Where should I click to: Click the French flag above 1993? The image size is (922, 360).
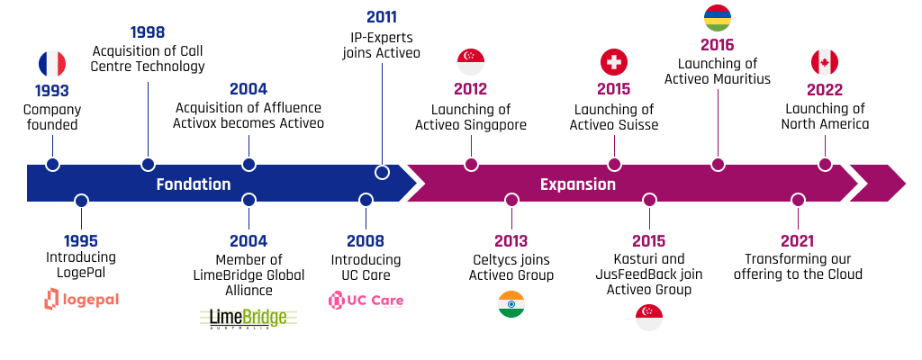[x=52, y=64]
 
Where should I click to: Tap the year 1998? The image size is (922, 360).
[x=148, y=32]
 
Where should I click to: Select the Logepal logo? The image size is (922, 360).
[x=81, y=299]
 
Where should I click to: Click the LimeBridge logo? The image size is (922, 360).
[x=249, y=319]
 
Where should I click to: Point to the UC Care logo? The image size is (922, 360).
[x=366, y=301]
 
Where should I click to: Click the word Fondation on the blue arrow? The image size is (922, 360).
[x=194, y=184]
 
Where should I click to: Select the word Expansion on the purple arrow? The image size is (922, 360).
[x=578, y=184]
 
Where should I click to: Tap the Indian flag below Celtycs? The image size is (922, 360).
[x=511, y=304]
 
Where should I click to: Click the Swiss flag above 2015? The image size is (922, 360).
[x=614, y=62]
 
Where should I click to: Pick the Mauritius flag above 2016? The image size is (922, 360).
[x=718, y=18]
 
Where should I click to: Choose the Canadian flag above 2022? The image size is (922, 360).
[x=825, y=62]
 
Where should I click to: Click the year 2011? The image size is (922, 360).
[x=382, y=17]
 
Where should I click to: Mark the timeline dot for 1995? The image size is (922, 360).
[x=82, y=201]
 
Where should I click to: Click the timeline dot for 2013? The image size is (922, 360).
[x=511, y=200]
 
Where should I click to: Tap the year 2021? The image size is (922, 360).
[x=798, y=240]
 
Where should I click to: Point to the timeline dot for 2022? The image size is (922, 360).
[x=825, y=165]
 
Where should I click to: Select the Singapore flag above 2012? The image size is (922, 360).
[x=470, y=62]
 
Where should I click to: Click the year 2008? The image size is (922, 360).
[x=366, y=240]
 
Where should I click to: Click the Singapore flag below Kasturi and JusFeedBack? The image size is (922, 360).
[x=649, y=318]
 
